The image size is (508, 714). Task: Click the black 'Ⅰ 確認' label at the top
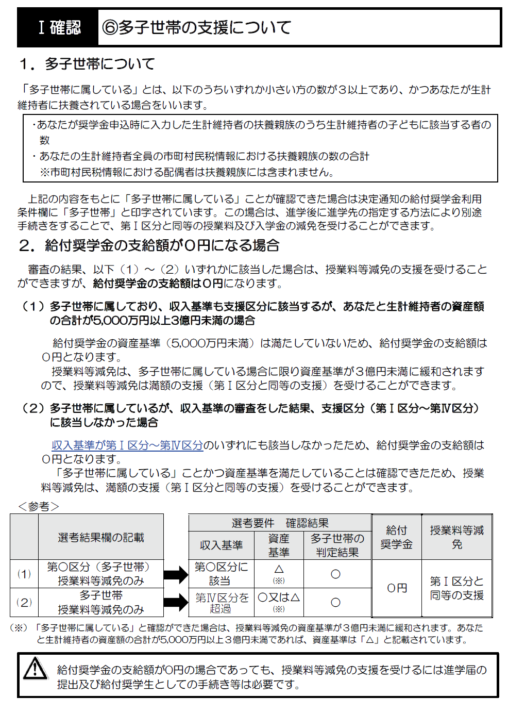pos(59,27)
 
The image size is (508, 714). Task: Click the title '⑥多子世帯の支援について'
pos(197,27)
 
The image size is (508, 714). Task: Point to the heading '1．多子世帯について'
pos(87,64)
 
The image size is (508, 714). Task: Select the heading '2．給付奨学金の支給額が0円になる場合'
pos(149,245)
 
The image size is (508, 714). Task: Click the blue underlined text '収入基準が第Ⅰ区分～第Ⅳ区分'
pos(127,445)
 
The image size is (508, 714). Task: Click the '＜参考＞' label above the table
pos(39,506)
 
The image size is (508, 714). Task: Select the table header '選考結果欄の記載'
pos(101,538)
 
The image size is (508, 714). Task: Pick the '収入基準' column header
pos(221,545)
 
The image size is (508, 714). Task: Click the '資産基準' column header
pos(279,545)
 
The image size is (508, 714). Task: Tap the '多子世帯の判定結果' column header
pos(337,545)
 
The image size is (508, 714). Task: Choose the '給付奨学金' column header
pos(397,537)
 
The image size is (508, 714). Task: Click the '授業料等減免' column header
pos(457,537)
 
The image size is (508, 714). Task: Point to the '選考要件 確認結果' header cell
pos(280,523)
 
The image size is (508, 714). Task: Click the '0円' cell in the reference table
pos(397,588)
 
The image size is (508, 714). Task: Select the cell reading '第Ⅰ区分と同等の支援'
pos(457,588)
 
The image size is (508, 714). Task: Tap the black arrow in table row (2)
pos(176,602)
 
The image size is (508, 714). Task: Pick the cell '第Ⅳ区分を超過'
pos(221,603)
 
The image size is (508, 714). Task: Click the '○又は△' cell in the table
pos(279,598)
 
